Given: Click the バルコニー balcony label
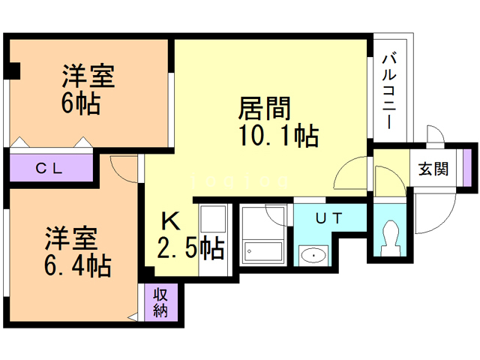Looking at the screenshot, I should (x=390, y=90).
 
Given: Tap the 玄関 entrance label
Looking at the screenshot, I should (x=432, y=169).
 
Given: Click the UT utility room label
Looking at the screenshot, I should (x=328, y=219).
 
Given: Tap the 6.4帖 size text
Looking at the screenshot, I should (x=76, y=265).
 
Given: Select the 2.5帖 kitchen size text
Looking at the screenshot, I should (x=190, y=247).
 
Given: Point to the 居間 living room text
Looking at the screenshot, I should (x=263, y=109).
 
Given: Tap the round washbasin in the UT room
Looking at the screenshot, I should (x=310, y=256).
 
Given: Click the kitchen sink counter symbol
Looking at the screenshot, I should (x=213, y=225).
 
